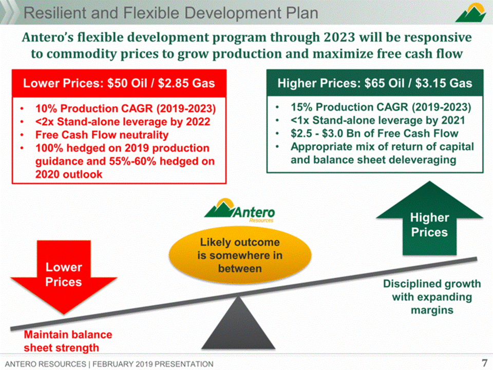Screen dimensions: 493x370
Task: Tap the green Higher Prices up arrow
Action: point(429,220)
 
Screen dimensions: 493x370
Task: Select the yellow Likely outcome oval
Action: point(240,255)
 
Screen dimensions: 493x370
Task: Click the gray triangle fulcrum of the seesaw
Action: point(238,323)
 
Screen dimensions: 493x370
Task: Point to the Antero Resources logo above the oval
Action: point(240,210)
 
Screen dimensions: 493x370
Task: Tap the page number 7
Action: point(484,363)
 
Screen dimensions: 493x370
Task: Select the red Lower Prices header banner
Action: point(119,83)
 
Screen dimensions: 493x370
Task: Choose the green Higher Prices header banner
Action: point(375,83)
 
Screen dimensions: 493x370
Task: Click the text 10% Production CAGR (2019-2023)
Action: point(125,109)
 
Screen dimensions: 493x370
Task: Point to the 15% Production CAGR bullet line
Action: point(381,107)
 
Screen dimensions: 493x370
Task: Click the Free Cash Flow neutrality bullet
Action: point(102,135)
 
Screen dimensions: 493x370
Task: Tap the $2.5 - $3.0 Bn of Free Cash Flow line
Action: point(374,133)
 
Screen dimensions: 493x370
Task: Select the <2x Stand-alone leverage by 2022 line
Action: point(123,122)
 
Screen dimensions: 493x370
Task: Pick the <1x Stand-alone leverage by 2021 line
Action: point(377,120)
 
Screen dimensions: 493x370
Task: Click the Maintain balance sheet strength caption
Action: point(68,341)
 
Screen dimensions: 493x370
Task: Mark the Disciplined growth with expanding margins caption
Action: point(432,297)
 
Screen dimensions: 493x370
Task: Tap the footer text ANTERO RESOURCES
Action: point(46,364)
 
